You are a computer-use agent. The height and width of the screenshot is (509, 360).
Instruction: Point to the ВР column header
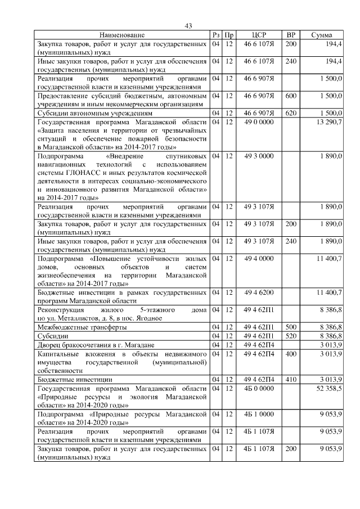coord(291,35)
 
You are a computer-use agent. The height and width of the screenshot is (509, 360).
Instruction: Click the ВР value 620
coord(291,113)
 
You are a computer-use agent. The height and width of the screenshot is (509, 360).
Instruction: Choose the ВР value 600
coord(291,96)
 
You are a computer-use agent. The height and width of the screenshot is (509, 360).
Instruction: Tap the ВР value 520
coord(291,335)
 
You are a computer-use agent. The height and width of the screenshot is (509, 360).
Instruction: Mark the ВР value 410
coord(291,380)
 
